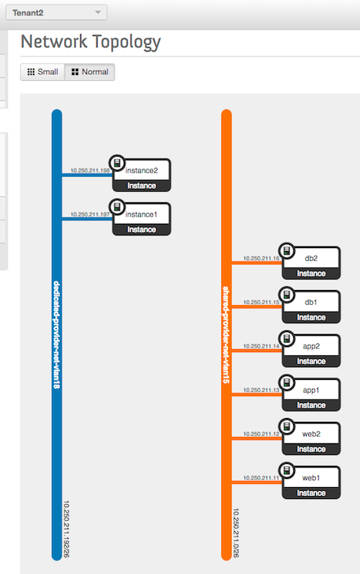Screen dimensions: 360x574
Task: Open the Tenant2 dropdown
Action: pos(56,13)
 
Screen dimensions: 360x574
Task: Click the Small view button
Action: pos(43,72)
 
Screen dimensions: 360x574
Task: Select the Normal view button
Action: pos(90,72)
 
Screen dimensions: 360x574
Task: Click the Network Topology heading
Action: pos(91,42)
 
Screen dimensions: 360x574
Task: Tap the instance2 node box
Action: pos(141,175)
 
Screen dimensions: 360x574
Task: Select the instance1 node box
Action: pos(141,220)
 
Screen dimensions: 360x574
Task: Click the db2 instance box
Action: pos(311,263)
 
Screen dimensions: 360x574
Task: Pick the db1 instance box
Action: pos(311,307)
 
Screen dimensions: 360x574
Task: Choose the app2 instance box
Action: pos(311,351)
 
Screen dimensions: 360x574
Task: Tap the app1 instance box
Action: pos(311,395)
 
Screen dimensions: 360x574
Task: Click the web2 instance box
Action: pos(311,439)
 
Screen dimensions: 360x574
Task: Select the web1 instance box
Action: pos(311,483)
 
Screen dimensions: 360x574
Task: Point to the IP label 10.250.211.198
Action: pos(90,170)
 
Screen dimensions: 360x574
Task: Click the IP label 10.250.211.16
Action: pos(261,258)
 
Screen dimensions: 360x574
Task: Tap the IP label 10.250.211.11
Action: pos(261,478)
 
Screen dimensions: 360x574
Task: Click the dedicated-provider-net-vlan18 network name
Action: pos(56,335)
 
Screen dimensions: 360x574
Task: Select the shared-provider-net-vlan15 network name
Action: pos(226,335)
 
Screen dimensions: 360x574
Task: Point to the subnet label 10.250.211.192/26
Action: pos(66,529)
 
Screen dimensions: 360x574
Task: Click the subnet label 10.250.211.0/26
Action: pos(235,533)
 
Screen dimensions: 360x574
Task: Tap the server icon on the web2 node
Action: pos(287,426)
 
